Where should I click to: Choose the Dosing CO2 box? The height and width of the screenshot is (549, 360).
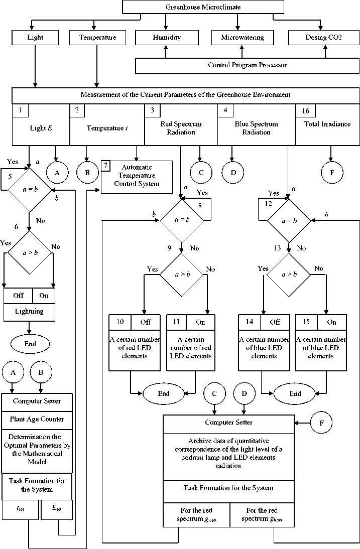[323, 38]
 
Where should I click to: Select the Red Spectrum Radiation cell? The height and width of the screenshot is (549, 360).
[181, 128]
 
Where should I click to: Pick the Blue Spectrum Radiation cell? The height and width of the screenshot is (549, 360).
[256, 128]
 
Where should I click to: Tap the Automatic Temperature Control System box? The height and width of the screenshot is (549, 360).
[137, 175]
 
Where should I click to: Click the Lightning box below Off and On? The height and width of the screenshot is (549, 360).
[29, 312]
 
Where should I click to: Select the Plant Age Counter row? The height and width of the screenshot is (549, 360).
[38, 419]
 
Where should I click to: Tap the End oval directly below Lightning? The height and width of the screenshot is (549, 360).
[30, 344]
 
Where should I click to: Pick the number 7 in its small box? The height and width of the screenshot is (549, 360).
[106, 166]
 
